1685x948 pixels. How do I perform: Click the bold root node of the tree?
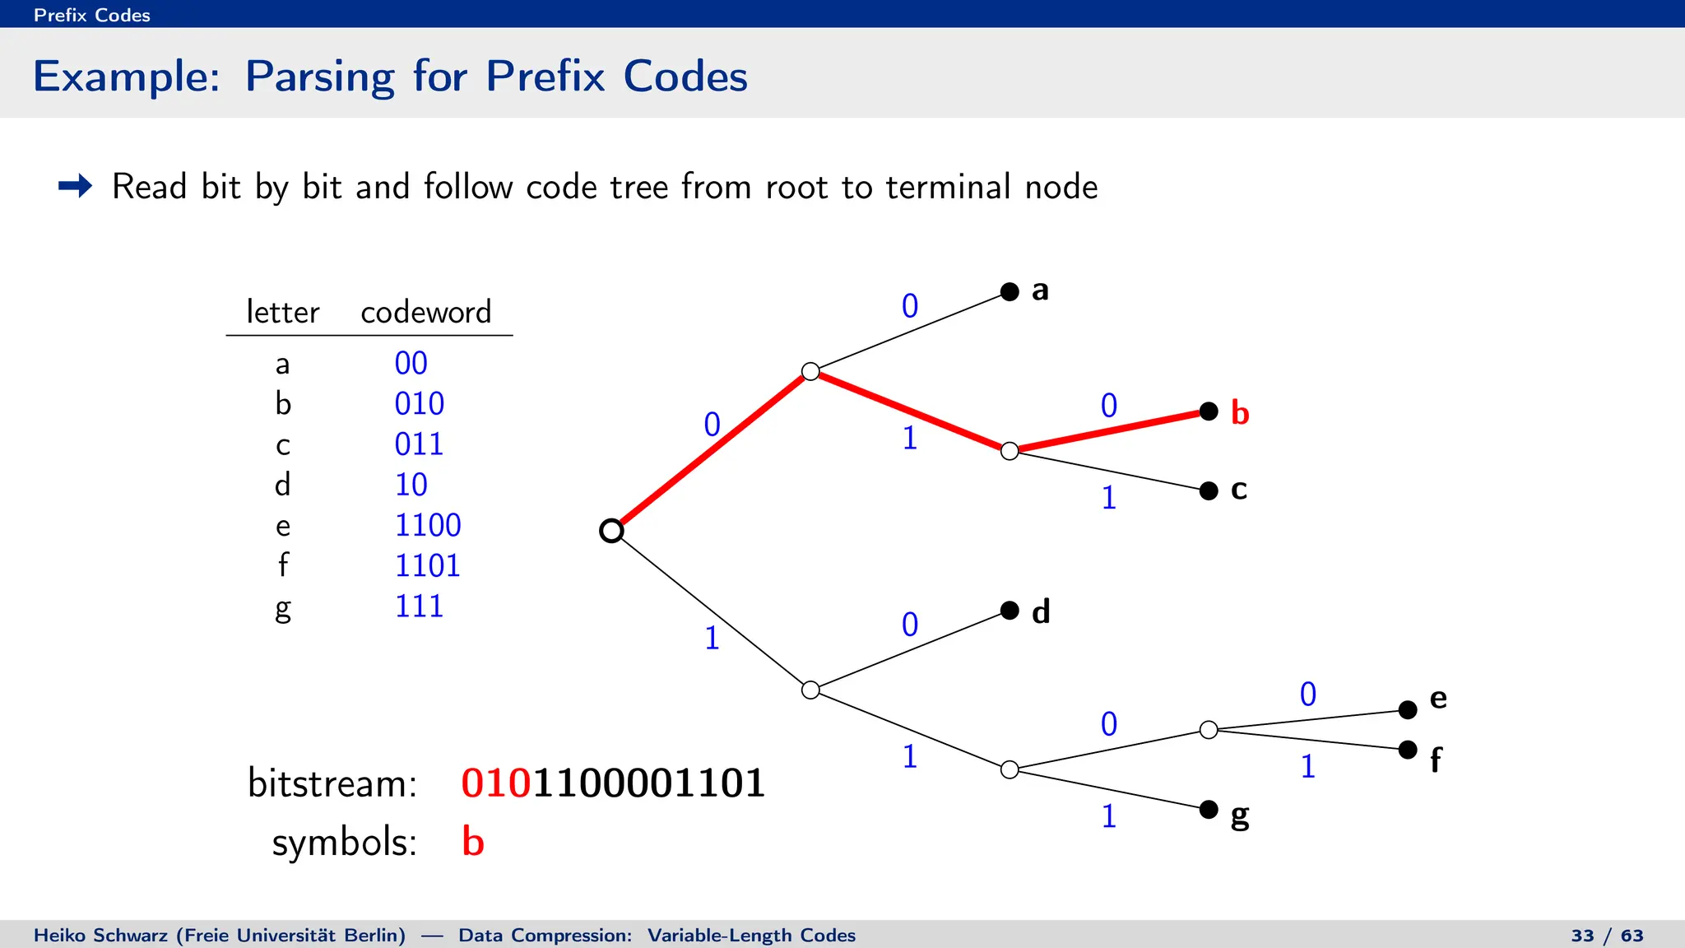tap(611, 531)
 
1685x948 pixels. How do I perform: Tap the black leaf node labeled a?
tap(1010, 291)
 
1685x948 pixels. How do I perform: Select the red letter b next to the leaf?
tap(1239, 413)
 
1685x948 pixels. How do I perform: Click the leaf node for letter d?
tap(1010, 611)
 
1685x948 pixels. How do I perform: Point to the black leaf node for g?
tap(1209, 810)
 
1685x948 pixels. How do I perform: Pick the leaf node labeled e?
tap(1408, 709)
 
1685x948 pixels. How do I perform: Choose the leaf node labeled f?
tap(1408, 750)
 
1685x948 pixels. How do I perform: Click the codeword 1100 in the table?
tap(428, 525)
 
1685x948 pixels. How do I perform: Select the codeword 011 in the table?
tap(419, 444)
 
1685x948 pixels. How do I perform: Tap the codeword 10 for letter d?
tap(411, 485)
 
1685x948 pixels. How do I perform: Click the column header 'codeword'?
tap(425, 312)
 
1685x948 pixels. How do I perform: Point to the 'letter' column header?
tap(282, 312)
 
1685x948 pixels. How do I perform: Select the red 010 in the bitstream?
tap(496, 783)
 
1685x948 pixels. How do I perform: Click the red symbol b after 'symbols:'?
tap(472, 842)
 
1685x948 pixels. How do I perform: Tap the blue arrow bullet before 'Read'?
tap(76, 186)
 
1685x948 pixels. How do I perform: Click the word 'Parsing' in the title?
tap(319, 77)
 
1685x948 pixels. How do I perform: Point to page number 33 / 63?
tap(1606, 936)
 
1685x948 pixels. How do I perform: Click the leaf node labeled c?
tap(1209, 491)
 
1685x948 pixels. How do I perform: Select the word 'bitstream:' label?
tap(332, 783)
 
